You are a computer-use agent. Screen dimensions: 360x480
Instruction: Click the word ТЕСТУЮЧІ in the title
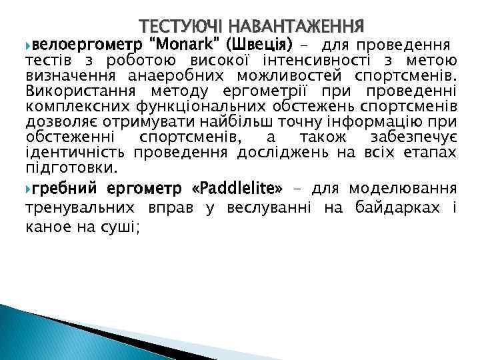pos(181,27)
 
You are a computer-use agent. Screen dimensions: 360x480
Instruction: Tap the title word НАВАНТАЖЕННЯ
pos(295,27)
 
